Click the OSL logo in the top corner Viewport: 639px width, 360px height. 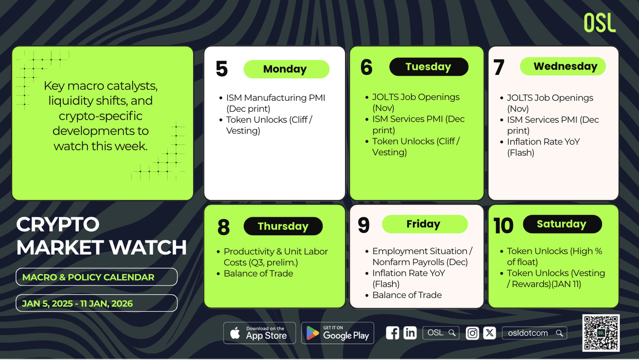click(x=600, y=22)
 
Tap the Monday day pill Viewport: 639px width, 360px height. click(x=287, y=69)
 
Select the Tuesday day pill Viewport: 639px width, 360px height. click(x=429, y=67)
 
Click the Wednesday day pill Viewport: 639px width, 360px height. click(x=563, y=66)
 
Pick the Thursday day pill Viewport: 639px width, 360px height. click(x=283, y=226)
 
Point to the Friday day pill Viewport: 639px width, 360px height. click(x=425, y=224)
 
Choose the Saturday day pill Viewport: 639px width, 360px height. click(x=563, y=224)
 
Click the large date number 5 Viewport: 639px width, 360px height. click(x=222, y=69)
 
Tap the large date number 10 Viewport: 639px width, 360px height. click(x=503, y=226)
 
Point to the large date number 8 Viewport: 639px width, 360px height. click(x=223, y=227)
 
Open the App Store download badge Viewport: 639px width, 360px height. click(x=259, y=333)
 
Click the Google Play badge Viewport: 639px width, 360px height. click(x=337, y=333)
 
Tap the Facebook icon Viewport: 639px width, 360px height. click(x=392, y=333)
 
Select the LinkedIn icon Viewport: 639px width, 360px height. click(x=410, y=333)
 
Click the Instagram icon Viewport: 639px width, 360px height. click(x=472, y=333)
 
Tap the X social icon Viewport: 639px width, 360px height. click(x=490, y=333)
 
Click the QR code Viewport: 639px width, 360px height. click(x=601, y=333)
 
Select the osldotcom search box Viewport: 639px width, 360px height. click(x=534, y=333)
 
